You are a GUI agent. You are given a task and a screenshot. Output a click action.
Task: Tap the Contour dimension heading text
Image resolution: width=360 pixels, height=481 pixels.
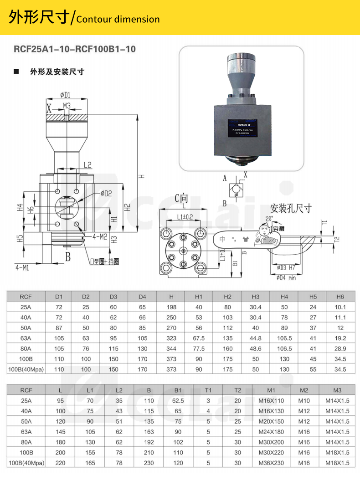click(x=118, y=19)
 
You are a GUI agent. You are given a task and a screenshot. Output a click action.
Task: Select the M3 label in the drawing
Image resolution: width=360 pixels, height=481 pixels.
click(x=67, y=106)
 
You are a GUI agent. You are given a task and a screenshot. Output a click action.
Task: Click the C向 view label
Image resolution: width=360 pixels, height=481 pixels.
click(x=181, y=199)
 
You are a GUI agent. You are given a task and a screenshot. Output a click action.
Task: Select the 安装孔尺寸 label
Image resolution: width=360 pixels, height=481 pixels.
click(x=291, y=208)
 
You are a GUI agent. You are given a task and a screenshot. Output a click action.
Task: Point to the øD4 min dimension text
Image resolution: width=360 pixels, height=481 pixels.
click(x=286, y=277)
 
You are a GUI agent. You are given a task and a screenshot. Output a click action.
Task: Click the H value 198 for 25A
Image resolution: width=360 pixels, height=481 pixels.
click(x=171, y=307)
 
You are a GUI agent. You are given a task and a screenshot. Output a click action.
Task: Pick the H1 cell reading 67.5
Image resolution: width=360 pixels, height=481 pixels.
click(x=199, y=338)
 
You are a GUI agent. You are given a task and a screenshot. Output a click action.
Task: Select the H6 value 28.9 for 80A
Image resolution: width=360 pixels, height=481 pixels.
click(x=340, y=348)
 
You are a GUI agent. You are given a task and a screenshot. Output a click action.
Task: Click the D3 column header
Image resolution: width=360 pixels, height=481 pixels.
click(x=113, y=297)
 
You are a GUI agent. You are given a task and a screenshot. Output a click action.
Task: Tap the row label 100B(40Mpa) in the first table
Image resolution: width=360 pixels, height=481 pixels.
click(x=26, y=369)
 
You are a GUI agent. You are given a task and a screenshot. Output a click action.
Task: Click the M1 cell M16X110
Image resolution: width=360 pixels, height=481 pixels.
click(x=272, y=401)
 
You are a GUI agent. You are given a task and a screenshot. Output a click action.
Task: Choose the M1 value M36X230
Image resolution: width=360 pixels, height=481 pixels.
click(x=272, y=463)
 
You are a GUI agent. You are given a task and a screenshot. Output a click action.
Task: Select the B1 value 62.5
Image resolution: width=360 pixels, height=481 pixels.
click(x=178, y=401)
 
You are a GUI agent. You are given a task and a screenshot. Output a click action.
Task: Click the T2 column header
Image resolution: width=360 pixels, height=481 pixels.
click(x=237, y=390)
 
